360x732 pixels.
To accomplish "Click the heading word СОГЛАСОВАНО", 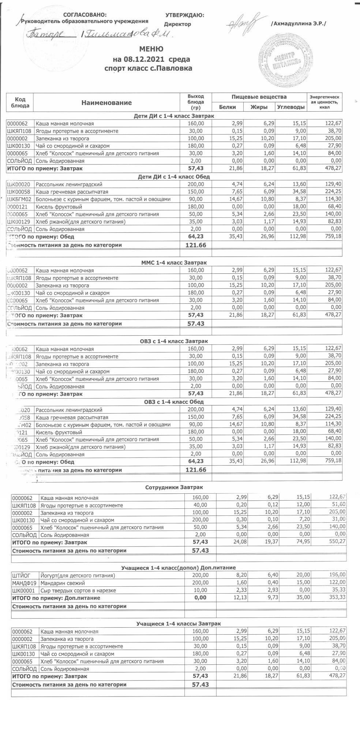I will pyautogui.click(x=85, y=15).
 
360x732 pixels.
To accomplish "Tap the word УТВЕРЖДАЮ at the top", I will pyautogui.click(x=185, y=15).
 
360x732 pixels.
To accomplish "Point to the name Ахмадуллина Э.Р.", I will pyautogui.click(x=298, y=24).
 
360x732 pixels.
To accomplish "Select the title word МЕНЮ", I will pyautogui.click(x=151, y=49).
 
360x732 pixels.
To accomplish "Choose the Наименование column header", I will pyautogui.click(x=106, y=103).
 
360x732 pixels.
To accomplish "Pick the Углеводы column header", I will pyautogui.click(x=291, y=107).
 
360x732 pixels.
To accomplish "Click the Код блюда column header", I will pyautogui.click(x=20, y=102).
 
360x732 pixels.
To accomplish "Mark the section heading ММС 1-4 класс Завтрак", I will pyautogui.click(x=174, y=263).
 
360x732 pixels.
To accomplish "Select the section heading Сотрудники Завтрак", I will pyautogui.click(x=174, y=488).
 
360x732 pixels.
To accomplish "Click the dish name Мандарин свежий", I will pyautogui.click(x=63, y=583).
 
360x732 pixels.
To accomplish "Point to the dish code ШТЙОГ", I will pyautogui.click(x=20, y=575).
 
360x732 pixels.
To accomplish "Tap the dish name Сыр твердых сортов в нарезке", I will pyautogui.click(x=78, y=590).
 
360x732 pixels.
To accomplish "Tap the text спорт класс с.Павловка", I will pyautogui.click(x=148, y=68).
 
